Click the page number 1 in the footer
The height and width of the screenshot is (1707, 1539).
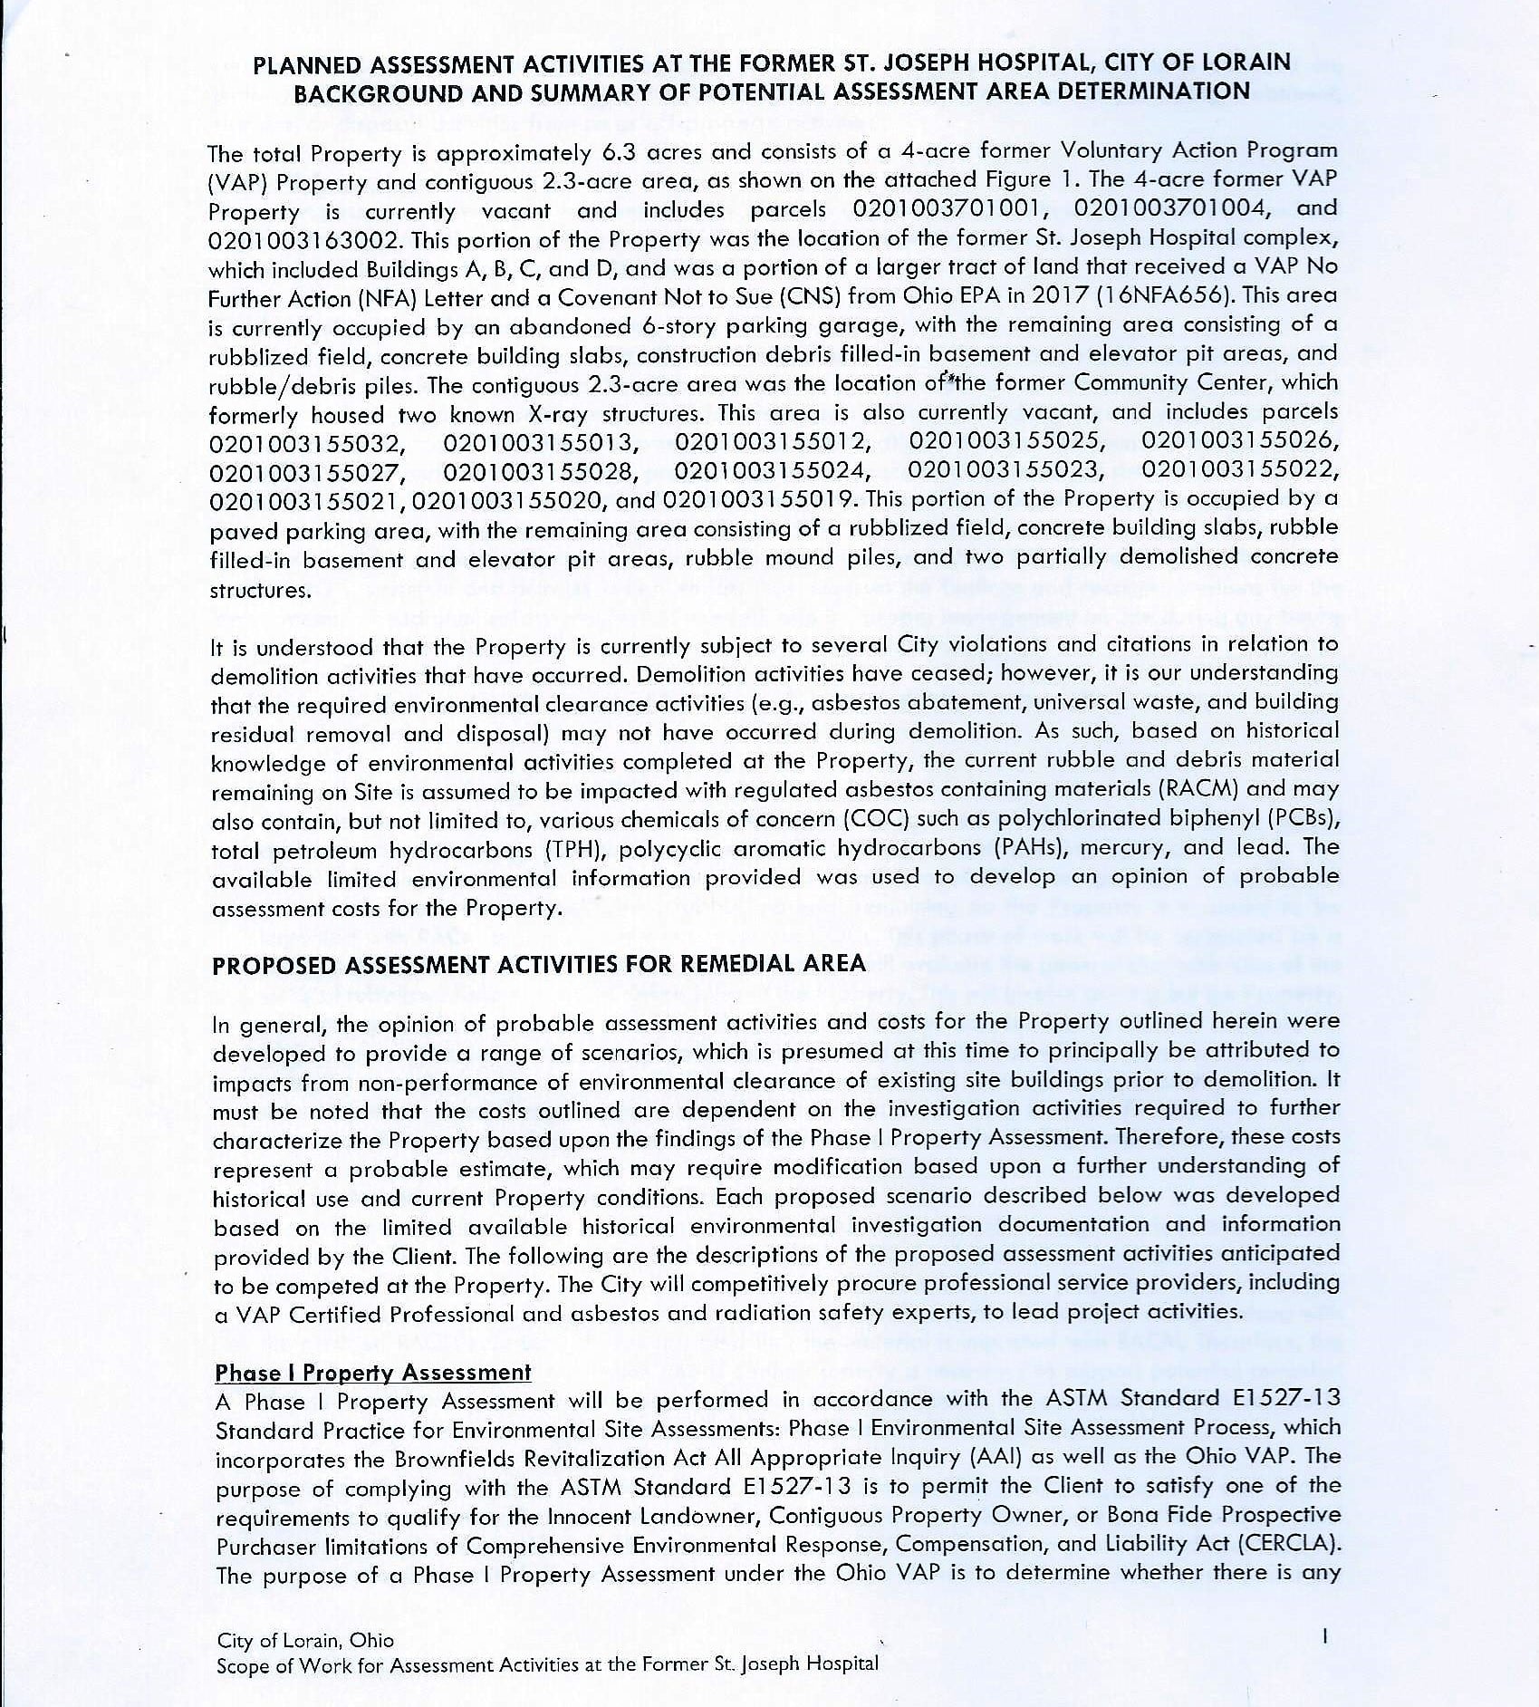[x=1324, y=1635]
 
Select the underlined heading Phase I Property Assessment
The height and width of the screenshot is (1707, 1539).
[x=372, y=1373]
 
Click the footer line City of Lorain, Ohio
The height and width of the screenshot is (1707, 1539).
[x=305, y=1640]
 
